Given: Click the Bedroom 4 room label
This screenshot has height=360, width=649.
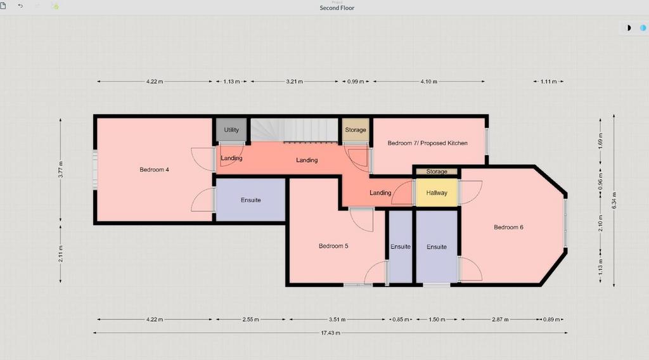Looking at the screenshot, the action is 154,170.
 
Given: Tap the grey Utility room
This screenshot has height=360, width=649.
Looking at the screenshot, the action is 231,130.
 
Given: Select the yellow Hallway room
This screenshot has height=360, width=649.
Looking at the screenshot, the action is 436,193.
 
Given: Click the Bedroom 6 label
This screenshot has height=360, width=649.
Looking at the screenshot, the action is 508,227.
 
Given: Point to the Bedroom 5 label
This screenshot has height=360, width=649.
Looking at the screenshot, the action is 333,246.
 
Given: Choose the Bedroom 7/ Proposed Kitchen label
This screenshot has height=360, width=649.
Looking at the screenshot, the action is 428,143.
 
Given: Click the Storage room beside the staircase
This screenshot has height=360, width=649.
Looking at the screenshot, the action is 355,130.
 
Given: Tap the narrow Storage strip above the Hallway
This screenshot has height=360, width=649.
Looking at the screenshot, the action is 437,171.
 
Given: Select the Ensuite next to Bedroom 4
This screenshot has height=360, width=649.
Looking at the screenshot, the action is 251,200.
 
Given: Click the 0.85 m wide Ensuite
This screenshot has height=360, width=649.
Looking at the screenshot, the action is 401,247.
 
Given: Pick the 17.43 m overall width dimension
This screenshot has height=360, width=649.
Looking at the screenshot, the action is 330,333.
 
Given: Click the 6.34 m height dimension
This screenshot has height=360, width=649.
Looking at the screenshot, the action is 614,200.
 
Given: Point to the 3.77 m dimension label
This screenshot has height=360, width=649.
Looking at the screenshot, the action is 61,170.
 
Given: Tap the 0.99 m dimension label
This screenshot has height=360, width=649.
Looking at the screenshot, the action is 356,82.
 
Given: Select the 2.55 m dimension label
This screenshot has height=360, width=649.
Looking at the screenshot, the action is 250,319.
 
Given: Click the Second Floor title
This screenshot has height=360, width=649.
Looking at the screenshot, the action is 337,8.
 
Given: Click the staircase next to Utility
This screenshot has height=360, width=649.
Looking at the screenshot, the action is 294,130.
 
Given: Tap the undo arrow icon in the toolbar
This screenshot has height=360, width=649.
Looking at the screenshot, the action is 20,6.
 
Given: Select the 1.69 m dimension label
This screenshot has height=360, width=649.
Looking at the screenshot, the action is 601,141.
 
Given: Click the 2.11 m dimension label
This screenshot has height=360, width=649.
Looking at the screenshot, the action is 61,254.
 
